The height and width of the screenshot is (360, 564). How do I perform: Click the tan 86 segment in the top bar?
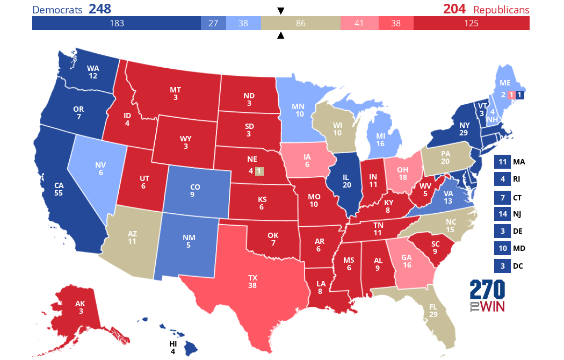click(x=300, y=24)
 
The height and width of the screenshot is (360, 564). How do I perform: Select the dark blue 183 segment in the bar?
click(x=117, y=24)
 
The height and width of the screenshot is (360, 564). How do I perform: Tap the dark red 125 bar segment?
click(x=471, y=24)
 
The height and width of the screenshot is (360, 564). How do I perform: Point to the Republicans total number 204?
click(x=454, y=9)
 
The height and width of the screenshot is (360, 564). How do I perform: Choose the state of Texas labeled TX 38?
click(x=252, y=282)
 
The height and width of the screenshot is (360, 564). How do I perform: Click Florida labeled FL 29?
click(x=433, y=310)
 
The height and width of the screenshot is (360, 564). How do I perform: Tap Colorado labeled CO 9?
click(x=194, y=191)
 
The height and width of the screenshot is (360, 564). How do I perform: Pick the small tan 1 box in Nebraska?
click(x=259, y=171)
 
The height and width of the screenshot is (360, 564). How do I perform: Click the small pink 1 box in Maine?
click(x=512, y=95)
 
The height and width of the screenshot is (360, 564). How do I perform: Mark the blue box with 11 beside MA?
click(x=502, y=162)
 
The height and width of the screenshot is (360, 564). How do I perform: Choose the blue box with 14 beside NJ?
click(x=502, y=214)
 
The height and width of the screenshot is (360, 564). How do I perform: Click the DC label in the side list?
click(x=518, y=266)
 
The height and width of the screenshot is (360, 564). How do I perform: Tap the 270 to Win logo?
click(x=487, y=296)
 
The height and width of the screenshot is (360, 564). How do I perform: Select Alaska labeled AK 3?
click(x=79, y=307)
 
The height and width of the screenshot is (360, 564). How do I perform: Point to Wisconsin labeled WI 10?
click(x=337, y=128)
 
